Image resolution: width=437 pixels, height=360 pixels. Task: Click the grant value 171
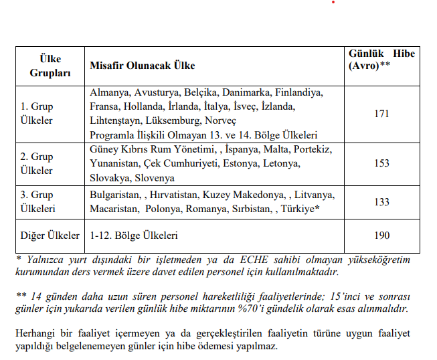pos(381,114)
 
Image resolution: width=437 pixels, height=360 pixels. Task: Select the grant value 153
pos(381,163)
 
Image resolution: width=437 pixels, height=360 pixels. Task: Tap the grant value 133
pos(381,202)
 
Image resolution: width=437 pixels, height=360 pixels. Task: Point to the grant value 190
pos(381,236)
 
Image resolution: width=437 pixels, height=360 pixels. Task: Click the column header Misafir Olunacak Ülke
pos(142,66)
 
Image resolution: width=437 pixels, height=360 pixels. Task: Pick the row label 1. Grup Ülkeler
pos(36,114)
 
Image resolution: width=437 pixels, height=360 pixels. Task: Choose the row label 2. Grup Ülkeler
pos(36,163)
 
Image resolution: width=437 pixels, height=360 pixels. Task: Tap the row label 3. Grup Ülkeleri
pos(39,202)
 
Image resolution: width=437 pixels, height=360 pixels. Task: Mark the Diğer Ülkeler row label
pos(50,236)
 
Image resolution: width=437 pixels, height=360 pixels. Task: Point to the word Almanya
pos(108,93)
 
